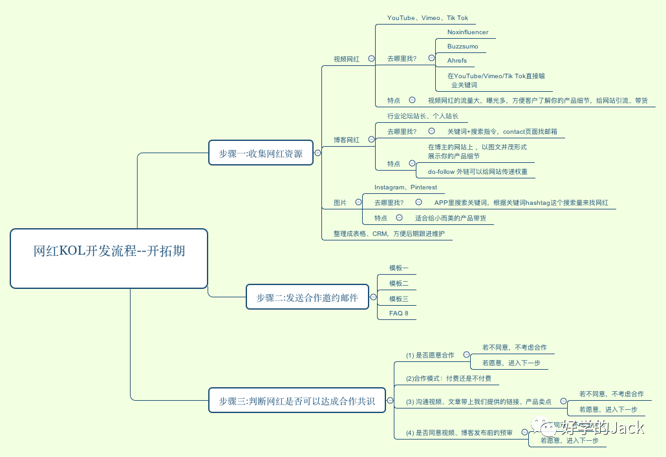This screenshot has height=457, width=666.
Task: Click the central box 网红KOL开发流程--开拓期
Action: click(x=109, y=258)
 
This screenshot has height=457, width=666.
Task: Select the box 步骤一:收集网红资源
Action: click(x=261, y=153)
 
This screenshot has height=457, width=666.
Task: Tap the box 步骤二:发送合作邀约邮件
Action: click(x=307, y=297)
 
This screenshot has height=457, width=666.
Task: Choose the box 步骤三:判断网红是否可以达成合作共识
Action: click(x=297, y=401)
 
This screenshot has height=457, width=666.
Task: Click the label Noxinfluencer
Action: click(x=467, y=32)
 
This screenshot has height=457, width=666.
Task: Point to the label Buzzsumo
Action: click(x=462, y=47)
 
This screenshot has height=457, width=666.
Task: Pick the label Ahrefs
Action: click(x=457, y=61)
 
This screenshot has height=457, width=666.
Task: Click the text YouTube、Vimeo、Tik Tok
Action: click(x=427, y=18)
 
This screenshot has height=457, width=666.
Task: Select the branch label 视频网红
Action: click(x=347, y=59)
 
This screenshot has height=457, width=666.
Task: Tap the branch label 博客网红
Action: click(x=347, y=140)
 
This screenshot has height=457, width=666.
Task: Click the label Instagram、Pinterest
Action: click(x=405, y=187)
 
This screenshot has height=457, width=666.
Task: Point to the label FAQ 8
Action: click(x=399, y=313)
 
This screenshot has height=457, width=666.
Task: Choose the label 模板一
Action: click(x=399, y=268)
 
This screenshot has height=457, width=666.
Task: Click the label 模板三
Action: click(x=399, y=299)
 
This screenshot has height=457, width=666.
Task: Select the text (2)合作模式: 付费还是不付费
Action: click(x=448, y=378)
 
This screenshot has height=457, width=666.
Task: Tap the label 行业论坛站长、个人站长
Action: click(x=423, y=116)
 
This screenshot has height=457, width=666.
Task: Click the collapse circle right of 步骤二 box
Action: click(x=372, y=297)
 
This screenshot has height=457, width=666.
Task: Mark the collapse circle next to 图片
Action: click(x=358, y=202)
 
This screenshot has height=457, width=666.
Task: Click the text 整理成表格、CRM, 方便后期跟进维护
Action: click(x=389, y=233)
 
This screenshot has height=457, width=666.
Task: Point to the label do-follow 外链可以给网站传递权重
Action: click(x=477, y=172)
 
